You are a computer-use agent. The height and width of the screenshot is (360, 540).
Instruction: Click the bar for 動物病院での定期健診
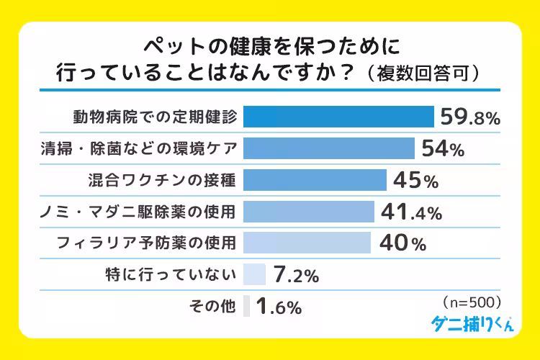coord(338,117)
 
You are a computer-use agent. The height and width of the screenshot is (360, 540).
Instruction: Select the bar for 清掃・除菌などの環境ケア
coord(329,148)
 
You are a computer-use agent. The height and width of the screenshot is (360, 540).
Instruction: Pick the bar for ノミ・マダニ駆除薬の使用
coord(309,212)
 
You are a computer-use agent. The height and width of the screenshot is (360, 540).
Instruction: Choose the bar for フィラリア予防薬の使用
coord(307,243)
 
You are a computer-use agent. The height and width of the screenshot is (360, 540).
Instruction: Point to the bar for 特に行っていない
coord(256,274)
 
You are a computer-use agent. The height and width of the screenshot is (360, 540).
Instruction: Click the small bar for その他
coord(247,306)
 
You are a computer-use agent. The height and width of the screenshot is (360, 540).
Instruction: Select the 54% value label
coord(442,149)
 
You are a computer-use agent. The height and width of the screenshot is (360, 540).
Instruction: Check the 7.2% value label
coord(296,276)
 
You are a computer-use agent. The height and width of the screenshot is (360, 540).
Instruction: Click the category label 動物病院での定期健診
coord(154,117)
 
